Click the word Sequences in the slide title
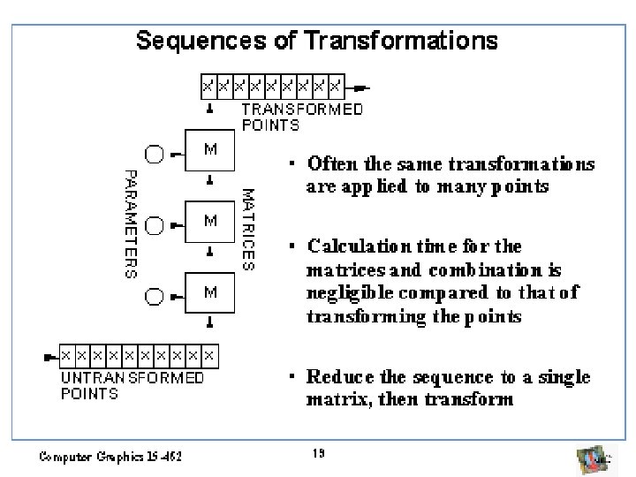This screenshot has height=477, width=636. tap(188, 41)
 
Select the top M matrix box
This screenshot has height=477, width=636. tap(210, 151)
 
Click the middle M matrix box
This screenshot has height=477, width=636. tap(210, 221)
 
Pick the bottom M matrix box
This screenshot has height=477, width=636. tap(210, 291)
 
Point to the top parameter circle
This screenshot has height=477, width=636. tap(154, 154)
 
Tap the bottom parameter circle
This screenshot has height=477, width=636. tap(154, 295)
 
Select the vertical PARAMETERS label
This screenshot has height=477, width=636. tap(129, 224)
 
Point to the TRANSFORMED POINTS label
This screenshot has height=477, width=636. tap(301, 117)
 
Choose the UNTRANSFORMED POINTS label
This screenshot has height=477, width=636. tap(132, 386)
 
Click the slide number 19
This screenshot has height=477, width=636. tap(319, 453)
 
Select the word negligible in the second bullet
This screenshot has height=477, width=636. tap(344, 293)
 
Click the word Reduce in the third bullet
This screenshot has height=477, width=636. tap(335, 377)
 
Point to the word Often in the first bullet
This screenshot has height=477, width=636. tap(326, 164)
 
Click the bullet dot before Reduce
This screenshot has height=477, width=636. tap(291, 377)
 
